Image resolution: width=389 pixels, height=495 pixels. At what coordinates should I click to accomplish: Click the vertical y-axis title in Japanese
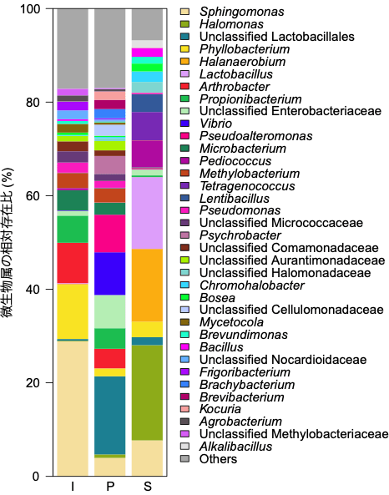click(x=9, y=242)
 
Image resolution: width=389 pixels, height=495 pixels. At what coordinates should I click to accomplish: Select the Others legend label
click(x=218, y=459)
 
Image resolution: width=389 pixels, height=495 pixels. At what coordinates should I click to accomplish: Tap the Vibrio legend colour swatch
click(x=185, y=124)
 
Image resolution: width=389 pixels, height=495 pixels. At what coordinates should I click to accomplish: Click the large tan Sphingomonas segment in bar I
click(x=72, y=408)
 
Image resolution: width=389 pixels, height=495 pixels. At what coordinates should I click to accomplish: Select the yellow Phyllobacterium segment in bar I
click(x=72, y=311)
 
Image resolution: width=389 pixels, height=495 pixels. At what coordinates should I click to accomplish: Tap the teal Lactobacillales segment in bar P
click(x=110, y=415)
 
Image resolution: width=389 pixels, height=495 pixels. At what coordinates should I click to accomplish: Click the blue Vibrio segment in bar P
click(x=110, y=274)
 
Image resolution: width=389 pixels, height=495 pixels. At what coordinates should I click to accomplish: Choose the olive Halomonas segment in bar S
click(x=147, y=392)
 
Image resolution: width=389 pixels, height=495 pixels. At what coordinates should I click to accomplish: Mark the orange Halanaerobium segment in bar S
click(x=147, y=285)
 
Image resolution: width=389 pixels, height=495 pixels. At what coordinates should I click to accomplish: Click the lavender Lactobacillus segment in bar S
click(x=147, y=213)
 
